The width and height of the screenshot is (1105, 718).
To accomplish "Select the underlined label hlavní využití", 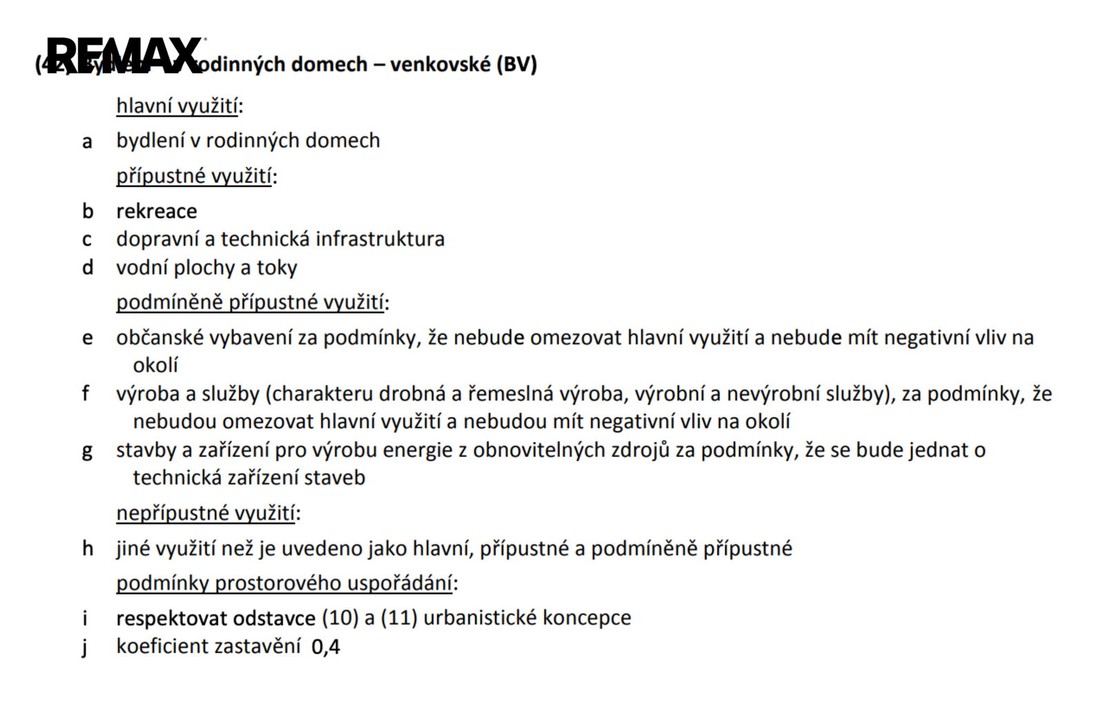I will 177,106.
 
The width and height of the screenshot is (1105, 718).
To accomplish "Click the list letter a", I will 87,142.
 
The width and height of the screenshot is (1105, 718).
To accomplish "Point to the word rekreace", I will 157,211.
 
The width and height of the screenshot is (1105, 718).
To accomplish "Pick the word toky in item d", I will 277,267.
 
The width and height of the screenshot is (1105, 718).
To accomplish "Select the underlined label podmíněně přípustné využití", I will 250,302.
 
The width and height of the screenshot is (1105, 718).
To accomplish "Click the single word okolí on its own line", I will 155,365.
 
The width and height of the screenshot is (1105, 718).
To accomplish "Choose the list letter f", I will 86,394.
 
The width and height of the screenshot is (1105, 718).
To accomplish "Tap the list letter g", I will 87,452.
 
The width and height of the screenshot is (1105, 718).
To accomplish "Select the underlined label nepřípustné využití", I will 206,513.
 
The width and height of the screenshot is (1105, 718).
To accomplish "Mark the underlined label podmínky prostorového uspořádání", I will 285,583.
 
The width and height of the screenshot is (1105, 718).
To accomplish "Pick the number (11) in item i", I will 398,618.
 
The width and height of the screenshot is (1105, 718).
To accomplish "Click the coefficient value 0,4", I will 326,647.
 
